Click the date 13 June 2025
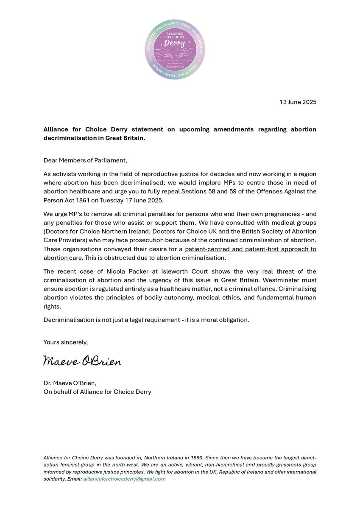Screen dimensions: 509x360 click(298, 102)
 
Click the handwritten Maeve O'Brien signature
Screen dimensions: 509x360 click(82, 361)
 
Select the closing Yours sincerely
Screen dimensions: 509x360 click(66, 342)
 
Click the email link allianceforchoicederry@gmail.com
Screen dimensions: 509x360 click(124, 479)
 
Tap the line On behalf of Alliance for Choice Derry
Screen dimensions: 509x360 click(97, 392)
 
